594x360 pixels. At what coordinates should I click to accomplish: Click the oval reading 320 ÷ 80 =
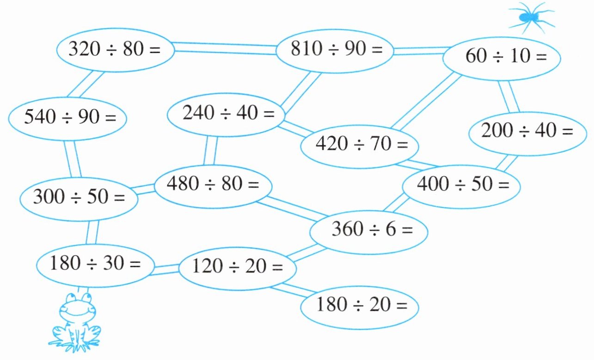click(115, 49)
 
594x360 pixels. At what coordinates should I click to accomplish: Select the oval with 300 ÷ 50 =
click(79, 198)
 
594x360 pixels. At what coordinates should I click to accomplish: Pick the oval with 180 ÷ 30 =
click(95, 265)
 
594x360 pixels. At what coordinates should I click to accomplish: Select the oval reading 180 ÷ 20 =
click(360, 305)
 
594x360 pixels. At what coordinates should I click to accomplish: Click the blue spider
click(530, 17)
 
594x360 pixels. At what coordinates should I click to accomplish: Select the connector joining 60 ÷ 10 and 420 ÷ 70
click(426, 102)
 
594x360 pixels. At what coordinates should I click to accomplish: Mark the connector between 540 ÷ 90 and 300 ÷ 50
click(72, 158)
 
